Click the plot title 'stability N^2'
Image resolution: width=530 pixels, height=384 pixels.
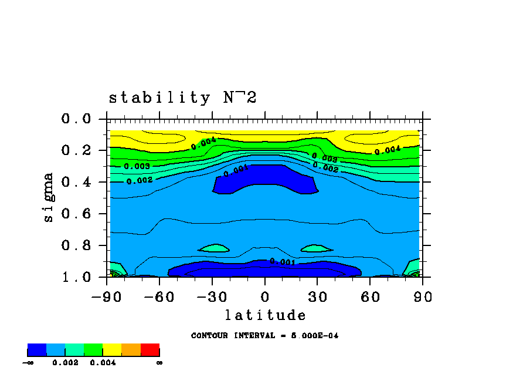(182, 98)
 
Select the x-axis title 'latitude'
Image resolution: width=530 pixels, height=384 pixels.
(265, 315)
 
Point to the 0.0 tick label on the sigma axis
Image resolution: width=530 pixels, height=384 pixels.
(76, 119)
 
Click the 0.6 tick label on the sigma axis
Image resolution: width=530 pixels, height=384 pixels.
(76, 214)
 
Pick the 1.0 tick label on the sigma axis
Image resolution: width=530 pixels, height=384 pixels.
(76, 277)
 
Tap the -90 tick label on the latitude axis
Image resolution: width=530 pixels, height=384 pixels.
(107, 297)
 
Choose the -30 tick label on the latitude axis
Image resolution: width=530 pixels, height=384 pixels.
(212, 297)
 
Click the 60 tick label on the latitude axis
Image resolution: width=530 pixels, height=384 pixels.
(369, 297)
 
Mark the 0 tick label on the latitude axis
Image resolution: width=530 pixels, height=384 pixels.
(265, 297)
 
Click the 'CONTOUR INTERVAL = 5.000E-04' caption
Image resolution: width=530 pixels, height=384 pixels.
(264, 336)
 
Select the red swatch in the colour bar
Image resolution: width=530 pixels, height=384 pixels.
(150, 351)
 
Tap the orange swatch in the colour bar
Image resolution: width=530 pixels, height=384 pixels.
(131, 351)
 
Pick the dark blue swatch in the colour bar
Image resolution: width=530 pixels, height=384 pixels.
(36, 351)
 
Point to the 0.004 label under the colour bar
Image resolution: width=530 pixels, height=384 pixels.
(103, 363)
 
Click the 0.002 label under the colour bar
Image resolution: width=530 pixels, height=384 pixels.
(65, 363)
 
